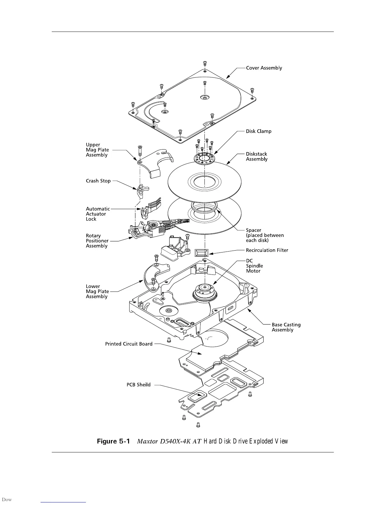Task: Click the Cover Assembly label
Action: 264,68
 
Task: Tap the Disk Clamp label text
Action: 258,131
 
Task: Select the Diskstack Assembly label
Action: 257,157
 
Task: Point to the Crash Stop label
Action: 98,181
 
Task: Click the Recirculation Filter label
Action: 267,250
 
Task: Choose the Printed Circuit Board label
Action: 129,344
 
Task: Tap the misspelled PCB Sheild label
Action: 138,385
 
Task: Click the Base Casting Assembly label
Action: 286,327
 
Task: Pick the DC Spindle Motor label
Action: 254,266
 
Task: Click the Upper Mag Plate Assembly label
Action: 97,150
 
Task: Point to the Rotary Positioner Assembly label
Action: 97,241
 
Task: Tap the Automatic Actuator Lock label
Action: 97,214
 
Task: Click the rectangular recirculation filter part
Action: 202,253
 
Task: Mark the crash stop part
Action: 141,191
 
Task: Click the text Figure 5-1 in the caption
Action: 113,441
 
